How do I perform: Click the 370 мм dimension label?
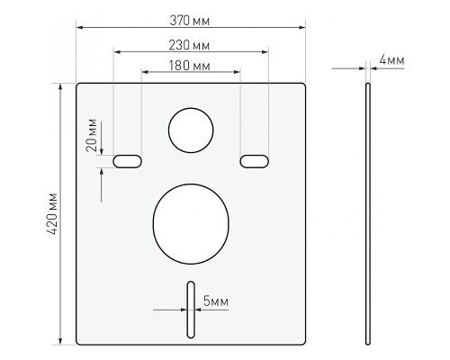(x=190, y=21)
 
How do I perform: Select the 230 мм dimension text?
(x=189, y=45)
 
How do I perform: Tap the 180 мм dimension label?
(x=189, y=66)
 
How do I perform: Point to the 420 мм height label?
(x=52, y=213)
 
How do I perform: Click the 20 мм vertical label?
(x=92, y=135)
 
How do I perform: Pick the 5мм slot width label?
(x=216, y=301)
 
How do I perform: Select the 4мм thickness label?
(x=391, y=60)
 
